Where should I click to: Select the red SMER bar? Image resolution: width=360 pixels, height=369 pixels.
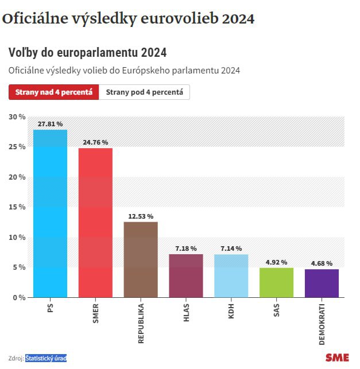[95, 223]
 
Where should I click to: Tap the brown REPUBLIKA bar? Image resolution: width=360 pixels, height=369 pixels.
[141, 259]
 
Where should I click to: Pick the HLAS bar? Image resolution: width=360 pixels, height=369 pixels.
[186, 275]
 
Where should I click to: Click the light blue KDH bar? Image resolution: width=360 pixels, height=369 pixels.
[231, 275]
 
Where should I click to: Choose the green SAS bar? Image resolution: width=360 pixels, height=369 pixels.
[276, 282]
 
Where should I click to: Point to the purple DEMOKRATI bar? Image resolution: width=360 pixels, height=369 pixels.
[322, 283]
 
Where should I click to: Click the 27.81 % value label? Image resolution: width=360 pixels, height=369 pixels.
[50, 124]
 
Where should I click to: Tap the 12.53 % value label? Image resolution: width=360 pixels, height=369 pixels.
[141, 216]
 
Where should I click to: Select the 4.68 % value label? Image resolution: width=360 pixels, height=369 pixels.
[322, 263]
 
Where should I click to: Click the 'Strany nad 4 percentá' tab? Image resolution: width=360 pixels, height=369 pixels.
[53, 92]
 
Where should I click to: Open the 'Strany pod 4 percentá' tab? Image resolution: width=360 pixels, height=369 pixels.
[144, 92]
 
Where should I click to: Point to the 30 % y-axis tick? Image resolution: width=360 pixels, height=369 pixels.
[17, 116]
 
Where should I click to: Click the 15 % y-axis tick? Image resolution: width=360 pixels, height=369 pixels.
[17, 207]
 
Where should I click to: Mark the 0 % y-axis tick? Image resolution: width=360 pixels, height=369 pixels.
[18, 297]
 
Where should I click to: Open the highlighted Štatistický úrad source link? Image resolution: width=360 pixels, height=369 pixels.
[46, 359]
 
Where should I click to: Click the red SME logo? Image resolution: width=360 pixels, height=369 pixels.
[337, 358]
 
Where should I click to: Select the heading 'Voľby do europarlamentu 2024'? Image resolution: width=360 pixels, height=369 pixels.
[87, 53]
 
